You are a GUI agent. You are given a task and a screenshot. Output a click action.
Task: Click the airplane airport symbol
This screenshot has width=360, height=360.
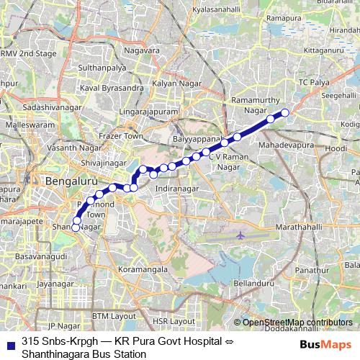coord(240,235)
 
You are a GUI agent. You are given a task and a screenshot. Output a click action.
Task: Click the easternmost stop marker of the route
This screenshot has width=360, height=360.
coord(284,112)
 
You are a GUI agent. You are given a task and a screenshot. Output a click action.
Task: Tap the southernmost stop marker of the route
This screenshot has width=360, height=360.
coord(76,229)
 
